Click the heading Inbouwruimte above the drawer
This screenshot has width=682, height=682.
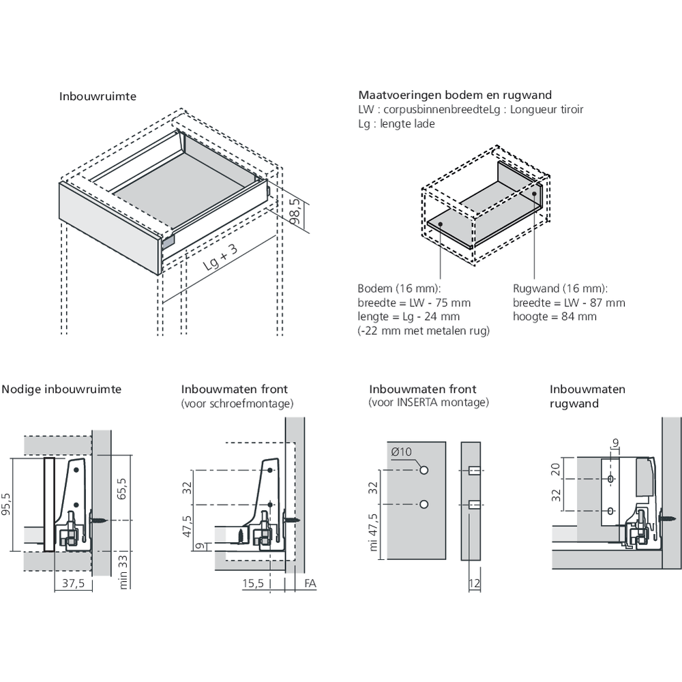[x=98, y=97]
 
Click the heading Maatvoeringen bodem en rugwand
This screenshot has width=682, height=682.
[x=455, y=95]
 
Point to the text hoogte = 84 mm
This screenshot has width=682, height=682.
[x=554, y=316]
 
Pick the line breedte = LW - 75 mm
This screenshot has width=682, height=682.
[x=414, y=303]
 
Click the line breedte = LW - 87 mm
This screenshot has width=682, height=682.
[x=569, y=303]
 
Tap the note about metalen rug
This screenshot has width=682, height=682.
[x=424, y=331]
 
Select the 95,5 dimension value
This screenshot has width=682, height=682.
[x=6, y=505]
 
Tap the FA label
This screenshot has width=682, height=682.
[x=310, y=584]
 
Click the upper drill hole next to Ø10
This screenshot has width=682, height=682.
[x=424, y=471]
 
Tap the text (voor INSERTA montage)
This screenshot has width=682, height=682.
[x=428, y=403]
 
